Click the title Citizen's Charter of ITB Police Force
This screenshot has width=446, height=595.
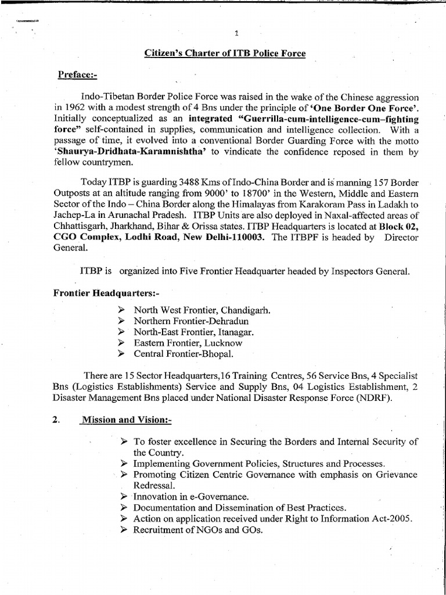225,54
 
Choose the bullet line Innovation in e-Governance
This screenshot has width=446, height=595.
190,497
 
